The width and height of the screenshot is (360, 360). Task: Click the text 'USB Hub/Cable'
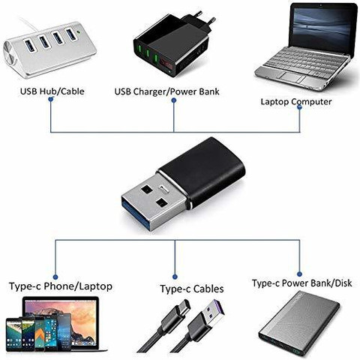click(52, 91)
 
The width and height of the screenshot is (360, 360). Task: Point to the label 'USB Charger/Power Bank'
click(166, 91)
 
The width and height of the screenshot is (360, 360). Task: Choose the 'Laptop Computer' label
click(296, 102)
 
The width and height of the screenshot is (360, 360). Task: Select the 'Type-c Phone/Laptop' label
click(61, 286)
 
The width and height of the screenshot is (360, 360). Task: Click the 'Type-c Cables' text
click(192, 289)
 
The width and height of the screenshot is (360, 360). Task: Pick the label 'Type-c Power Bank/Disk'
click(302, 283)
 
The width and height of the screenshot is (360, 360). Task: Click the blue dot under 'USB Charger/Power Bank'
click(174, 100)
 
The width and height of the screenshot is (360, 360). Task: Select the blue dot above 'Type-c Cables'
click(175, 277)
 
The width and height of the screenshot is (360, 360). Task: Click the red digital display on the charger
click(166, 64)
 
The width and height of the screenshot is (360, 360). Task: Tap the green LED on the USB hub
click(79, 32)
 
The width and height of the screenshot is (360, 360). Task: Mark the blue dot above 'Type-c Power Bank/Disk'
click(299, 274)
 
